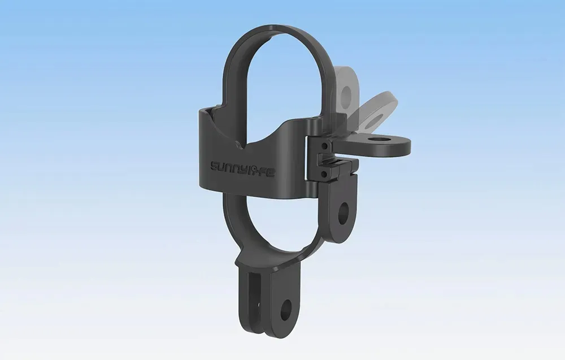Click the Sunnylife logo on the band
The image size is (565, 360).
pyautogui.click(x=243, y=167)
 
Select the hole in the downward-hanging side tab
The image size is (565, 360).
pyautogui.click(x=344, y=214)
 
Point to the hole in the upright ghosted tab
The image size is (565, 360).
pyautogui.click(x=347, y=95)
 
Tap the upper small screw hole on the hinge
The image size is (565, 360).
pyautogui.click(x=324, y=146)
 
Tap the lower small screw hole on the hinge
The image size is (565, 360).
pyautogui.click(x=324, y=175)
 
